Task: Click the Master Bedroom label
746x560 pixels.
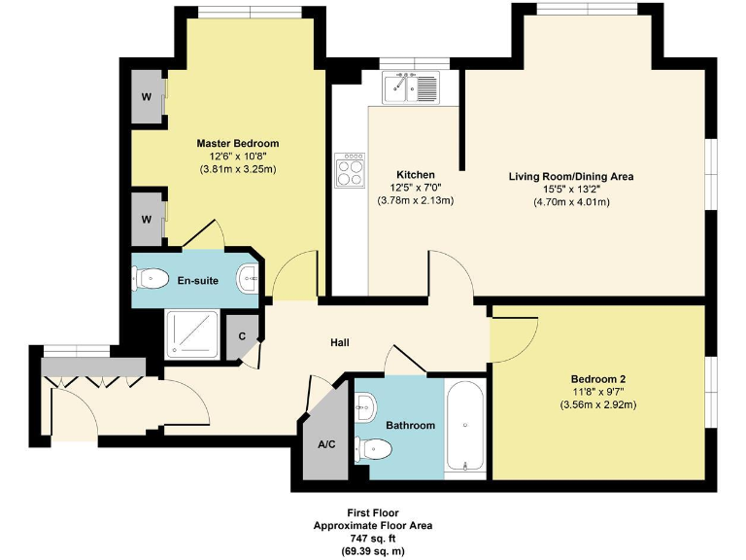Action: pyautogui.click(x=238, y=142)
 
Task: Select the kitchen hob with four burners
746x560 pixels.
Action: pyautogui.click(x=350, y=171)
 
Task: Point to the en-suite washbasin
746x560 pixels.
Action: pyautogui.click(x=250, y=280)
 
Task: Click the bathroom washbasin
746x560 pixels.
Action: pyautogui.click(x=363, y=405)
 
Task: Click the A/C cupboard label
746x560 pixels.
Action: pyautogui.click(x=326, y=445)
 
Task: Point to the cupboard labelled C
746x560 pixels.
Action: pyautogui.click(x=243, y=336)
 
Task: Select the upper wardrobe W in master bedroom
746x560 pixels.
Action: pyautogui.click(x=147, y=96)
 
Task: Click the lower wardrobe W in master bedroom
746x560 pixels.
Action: pyautogui.click(x=147, y=219)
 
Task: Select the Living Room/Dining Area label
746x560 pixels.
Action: pyautogui.click(x=571, y=176)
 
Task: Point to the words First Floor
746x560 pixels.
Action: pyautogui.click(x=373, y=512)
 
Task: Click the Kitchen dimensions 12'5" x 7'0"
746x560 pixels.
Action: pyautogui.click(x=415, y=188)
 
